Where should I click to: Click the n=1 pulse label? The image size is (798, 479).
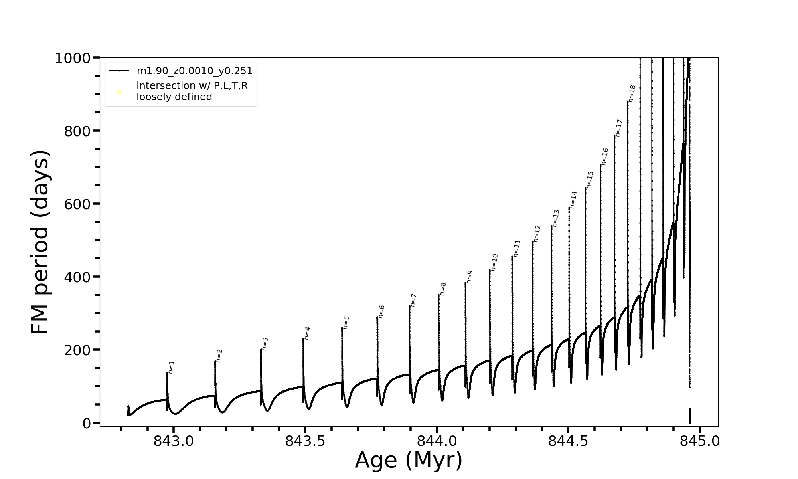[x=172, y=367]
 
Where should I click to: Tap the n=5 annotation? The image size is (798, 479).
[x=346, y=322]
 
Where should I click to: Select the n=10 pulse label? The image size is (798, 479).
[x=494, y=262]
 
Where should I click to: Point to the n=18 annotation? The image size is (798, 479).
[x=632, y=93]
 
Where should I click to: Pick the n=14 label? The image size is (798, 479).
[x=573, y=200]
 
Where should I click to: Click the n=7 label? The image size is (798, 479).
[x=413, y=300]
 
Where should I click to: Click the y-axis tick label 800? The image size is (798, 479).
[x=77, y=131]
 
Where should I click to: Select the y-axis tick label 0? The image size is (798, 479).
[x=87, y=423]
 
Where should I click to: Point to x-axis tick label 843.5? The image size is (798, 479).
[x=305, y=441]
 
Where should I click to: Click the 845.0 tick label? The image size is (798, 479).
[x=699, y=441]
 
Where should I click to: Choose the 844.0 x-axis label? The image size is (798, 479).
[x=437, y=441]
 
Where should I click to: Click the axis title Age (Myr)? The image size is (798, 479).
[x=409, y=460]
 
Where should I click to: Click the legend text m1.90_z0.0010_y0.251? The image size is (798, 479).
[x=194, y=71]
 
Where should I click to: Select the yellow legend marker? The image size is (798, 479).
[x=119, y=93]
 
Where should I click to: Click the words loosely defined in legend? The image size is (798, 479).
[x=174, y=97]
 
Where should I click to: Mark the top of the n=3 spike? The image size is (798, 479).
[x=261, y=350]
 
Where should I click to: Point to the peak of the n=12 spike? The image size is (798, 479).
[x=533, y=241]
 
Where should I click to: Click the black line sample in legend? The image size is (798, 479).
[x=119, y=71]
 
